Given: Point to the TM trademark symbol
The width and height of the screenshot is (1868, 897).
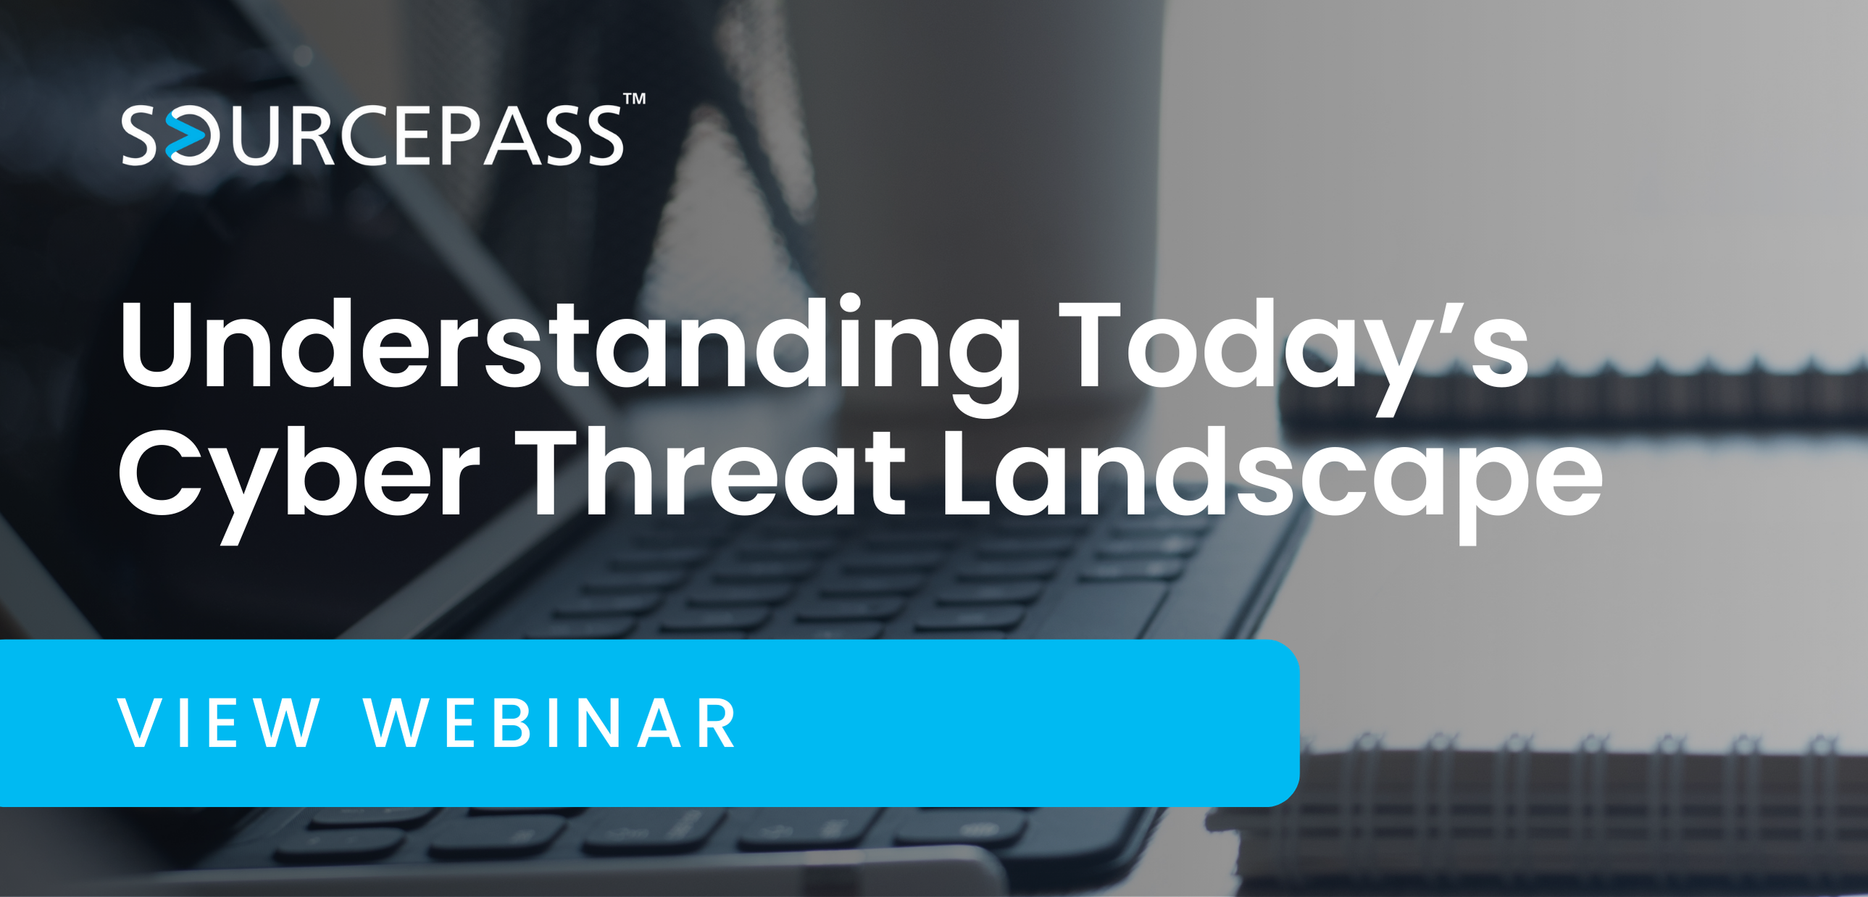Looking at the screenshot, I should tap(635, 99).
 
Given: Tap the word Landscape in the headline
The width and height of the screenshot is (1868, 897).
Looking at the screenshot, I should tap(1269, 475).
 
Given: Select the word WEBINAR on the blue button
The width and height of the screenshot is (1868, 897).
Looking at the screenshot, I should tap(551, 723).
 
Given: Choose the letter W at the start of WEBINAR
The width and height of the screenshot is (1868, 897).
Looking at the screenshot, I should tap(396, 723).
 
